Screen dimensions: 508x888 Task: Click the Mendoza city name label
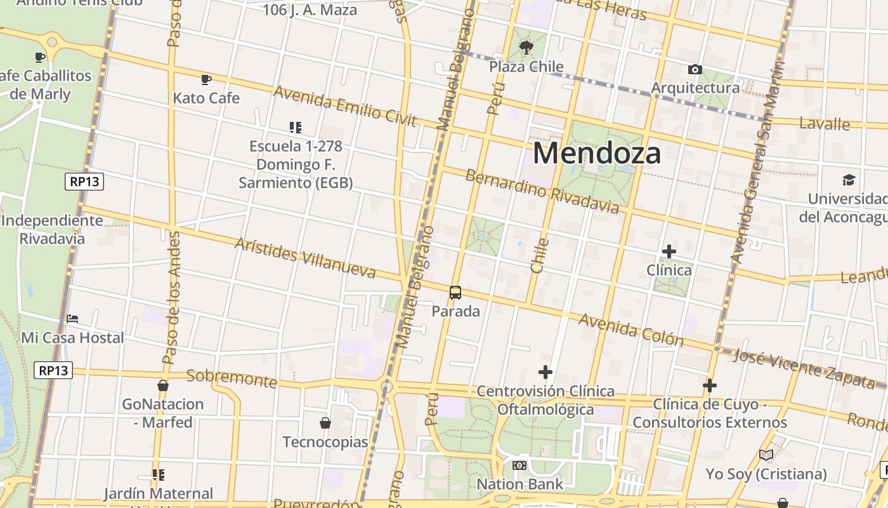point(597,153)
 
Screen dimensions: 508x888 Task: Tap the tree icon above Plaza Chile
point(526,47)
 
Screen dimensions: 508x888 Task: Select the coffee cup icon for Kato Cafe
point(206,79)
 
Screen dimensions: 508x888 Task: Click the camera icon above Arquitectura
point(695,69)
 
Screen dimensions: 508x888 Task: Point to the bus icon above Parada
point(455,293)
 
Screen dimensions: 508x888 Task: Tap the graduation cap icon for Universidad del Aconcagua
point(848,180)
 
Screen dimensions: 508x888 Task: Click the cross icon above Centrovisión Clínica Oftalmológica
point(545,372)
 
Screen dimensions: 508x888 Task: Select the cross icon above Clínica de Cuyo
point(709,385)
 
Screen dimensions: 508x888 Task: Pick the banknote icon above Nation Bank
point(519,465)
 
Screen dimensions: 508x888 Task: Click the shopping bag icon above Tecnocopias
point(325,423)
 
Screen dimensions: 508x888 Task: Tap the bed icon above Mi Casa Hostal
point(72,319)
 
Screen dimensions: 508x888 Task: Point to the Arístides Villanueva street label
point(314,258)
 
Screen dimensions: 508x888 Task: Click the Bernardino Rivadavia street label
point(542,191)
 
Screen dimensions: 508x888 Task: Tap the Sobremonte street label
point(232,379)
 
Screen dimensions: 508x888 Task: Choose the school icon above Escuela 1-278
point(295,128)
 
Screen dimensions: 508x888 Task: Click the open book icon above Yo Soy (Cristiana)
point(766,455)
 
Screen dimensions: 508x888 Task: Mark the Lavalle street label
point(824,124)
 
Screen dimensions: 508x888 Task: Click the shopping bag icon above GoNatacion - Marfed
point(163,385)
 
